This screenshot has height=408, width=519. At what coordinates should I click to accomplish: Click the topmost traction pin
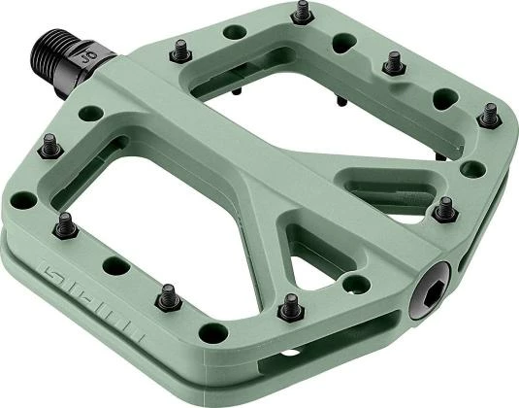[x=302, y=12]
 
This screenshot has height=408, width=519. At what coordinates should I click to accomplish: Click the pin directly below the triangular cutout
[x=288, y=309]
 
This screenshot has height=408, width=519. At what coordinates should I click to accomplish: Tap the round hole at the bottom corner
[x=212, y=333]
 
